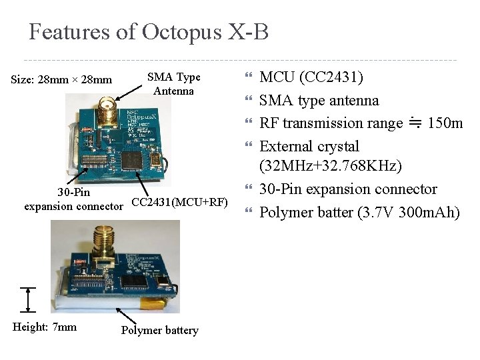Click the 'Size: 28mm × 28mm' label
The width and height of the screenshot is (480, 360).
(x=62, y=81)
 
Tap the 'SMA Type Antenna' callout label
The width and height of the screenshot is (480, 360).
(x=173, y=84)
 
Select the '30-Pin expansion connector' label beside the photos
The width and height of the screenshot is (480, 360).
(x=73, y=199)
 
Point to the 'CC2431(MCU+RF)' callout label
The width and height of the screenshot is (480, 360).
(x=180, y=202)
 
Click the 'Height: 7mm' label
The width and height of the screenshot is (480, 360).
(x=45, y=327)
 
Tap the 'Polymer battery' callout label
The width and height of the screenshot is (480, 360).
(x=160, y=330)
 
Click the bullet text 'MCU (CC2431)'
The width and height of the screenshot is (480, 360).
(x=311, y=77)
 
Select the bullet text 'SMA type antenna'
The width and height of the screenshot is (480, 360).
(x=319, y=101)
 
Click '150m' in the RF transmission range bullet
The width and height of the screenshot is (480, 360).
(x=445, y=123)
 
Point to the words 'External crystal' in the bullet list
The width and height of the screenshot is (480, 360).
(x=309, y=147)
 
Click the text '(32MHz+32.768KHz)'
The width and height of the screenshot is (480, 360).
(x=330, y=167)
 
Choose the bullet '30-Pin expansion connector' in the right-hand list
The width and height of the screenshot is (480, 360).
(x=348, y=189)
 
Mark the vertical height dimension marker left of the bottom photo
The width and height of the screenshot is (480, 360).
(x=27, y=299)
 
